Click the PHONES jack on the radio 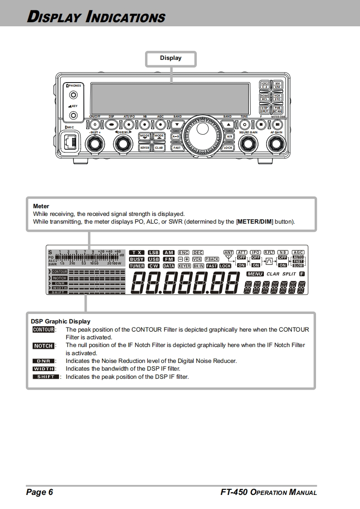tap(73, 95)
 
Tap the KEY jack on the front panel tap(73, 116)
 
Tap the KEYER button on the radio tap(145, 147)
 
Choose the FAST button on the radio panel tap(177, 147)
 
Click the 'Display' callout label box tap(170, 58)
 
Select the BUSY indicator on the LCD tap(136, 259)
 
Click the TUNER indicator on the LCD tap(136, 266)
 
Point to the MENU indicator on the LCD tap(255, 274)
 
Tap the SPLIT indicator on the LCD tap(289, 274)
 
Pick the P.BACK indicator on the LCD tap(212, 259)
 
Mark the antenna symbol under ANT tap(229, 259)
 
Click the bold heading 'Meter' tap(41, 206)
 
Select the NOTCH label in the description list tap(43, 346)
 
